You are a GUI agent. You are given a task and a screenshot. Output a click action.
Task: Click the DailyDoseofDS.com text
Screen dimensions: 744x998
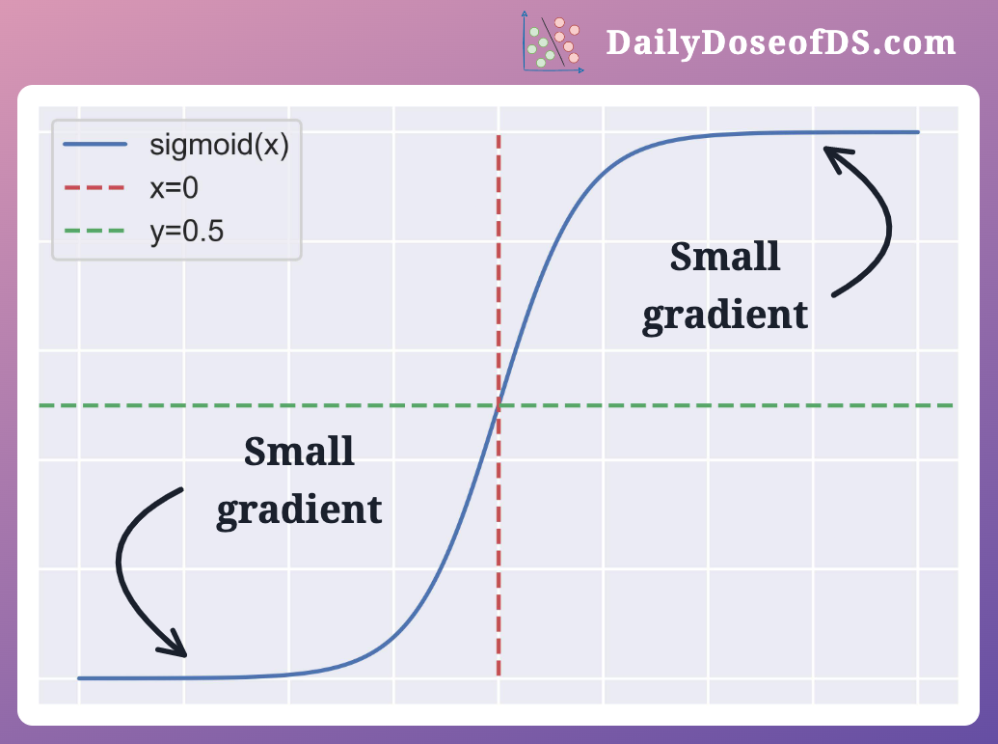pyautogui.click(x=780, y=42)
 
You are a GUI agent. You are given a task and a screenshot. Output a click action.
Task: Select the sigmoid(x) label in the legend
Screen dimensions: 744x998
pyautogui.click(x=219, y=146)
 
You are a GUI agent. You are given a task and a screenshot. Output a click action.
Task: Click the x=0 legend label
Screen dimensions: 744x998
pyautogui.click(x=175, y=188)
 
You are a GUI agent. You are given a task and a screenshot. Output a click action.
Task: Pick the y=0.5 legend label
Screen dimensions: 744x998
pyautogui.click(x=186, y=231)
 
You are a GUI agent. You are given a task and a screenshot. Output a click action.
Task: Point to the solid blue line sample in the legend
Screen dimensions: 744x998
pyautogui.click(x=94, y=146)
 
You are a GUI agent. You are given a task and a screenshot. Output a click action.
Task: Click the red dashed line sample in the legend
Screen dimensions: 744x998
pyautogui.click(x=94, y=188)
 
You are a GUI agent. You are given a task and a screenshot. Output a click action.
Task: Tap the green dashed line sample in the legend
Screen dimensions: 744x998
pyautogui.click(x=94, y=231)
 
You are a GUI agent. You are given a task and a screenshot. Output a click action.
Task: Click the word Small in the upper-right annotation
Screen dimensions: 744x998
pyautogui.click(x=725, y=258)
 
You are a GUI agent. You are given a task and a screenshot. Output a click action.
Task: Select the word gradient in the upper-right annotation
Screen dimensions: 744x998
pyautogui.click(x=725, y=316)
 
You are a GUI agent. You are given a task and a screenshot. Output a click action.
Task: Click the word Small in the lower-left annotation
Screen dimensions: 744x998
pyautogui.click(x=299, y=452)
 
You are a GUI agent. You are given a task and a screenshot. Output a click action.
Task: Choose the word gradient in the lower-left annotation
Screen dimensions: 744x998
pyautogui.click(x=299, y=510)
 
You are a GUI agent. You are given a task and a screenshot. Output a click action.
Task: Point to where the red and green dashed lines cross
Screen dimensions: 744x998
pyautogui.click(x=499, y=405)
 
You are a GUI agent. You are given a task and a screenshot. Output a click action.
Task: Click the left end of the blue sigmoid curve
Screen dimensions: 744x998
pyautogui.click(x=79, y=677)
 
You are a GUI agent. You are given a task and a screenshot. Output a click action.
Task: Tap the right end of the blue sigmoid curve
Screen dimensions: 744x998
pyautogui.click(x=918, y=132)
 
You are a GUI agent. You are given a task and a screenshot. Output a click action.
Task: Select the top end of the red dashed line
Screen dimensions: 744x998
pyautogui.click(x=499, y=137)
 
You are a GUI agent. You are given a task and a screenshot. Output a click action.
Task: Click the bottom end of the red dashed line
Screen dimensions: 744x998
pyautogui.click(x=499, y=675)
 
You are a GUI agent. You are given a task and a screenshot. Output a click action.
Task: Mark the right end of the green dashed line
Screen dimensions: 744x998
pyautogui.click(x=953, y=405)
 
